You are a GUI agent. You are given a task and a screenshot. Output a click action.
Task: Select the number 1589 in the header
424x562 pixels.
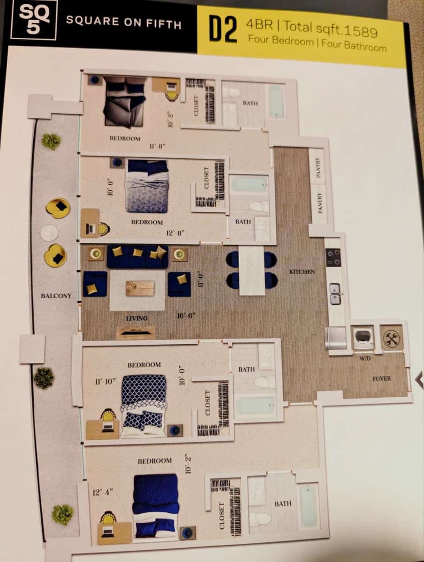(x=360, y=32)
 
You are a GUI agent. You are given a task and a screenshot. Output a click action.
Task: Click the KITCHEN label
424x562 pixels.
(x=302, y=272)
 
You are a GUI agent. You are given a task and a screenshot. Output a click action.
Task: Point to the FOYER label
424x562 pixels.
(x=381, y=378)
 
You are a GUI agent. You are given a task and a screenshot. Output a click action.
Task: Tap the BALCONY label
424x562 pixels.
(x=56, y=296)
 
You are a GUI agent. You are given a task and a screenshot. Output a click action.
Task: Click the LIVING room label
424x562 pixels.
(x=136, y=318)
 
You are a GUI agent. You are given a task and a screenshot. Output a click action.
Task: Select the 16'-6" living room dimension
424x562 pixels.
(x=186, y=316)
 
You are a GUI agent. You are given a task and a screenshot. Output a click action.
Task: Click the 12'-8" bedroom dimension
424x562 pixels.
(x=175, y=233)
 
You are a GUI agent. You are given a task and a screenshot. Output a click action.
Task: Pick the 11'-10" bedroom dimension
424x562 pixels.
(x=106, y=382)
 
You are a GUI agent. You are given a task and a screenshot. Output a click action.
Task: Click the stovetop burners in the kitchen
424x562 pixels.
(x=333, y=257)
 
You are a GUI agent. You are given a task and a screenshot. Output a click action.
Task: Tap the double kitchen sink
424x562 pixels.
(x=335, y=294)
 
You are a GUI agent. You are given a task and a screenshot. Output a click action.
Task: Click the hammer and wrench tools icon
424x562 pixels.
(x=391, y=338)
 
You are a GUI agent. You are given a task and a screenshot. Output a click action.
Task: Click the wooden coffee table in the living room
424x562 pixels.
(x=140, y=288)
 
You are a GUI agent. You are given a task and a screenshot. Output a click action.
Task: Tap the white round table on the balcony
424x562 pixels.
(x=49, y=233)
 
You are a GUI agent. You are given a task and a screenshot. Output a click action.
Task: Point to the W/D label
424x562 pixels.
(x=364, y=358)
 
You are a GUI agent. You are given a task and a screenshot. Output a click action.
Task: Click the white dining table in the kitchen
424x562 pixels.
(x=252, y=270)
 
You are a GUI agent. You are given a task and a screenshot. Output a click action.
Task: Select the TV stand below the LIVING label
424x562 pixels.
(x=136, y=333)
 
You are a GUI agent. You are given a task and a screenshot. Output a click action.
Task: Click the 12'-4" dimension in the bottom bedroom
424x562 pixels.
(x=103, y=492)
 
